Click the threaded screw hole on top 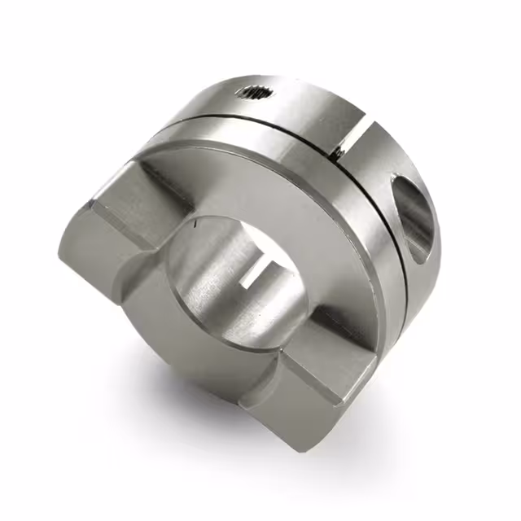[x=256, y=93]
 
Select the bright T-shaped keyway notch [x=262, y=269]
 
